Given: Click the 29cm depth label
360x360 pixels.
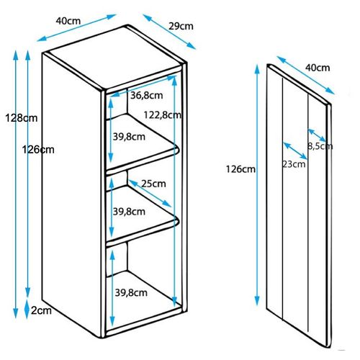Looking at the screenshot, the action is click(x=181, y=26).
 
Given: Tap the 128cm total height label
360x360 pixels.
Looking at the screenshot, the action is click(x=22, y=118).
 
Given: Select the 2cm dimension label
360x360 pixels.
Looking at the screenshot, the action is click(x=41, y=310).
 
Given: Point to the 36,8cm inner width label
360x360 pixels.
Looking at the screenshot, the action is click(x=147, y=96).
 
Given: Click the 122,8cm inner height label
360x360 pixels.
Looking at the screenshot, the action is click(x=162, y=115).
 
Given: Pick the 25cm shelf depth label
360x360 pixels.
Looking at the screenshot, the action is click(x=153, y=184).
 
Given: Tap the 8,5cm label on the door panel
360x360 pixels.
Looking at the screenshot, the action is click(x=320, y=146).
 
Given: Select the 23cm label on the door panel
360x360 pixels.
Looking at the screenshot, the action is click(x=294, y=164).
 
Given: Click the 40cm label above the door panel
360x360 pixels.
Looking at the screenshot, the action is click(x=318, y=68).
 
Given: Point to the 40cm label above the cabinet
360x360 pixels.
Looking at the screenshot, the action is click(x=68, y=21).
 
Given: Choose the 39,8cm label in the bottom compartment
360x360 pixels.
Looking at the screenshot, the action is click(x=131, y=292).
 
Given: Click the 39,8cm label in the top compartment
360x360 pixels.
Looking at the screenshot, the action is click(x=129, y=137).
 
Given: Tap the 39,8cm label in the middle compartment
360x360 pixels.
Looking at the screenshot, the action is click(x=129, y=212).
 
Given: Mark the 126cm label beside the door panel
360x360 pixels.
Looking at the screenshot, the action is click(x=240, y=169).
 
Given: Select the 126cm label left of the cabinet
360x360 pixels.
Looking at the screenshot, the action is click(x=38, y=150).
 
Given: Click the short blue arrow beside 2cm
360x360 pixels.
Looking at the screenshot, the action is click(x=27, y=309).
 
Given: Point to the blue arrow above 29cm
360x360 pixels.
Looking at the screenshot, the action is click(x=169, y=32).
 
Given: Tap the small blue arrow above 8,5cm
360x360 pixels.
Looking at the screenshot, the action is click(x=317, y=135).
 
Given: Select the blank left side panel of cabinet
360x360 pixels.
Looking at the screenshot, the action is click(x=71, y=182).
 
